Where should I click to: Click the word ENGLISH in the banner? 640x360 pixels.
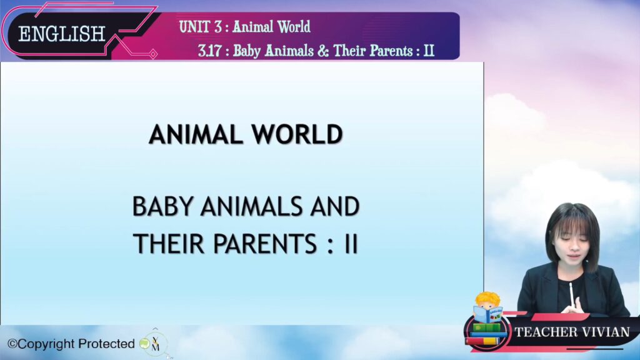(x=62, y=34)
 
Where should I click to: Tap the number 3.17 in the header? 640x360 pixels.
(x=210, y=51)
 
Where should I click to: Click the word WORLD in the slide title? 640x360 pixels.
(x=297, y=134)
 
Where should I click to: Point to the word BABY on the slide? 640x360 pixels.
(x=162, y=206)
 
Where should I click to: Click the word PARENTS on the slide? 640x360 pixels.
(x=265, y=244)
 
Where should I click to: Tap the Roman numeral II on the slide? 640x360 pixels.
(x=351, y=244)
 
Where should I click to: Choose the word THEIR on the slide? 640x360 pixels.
(x=169, y=244)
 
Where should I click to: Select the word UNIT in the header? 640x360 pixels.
(x=194, y=27)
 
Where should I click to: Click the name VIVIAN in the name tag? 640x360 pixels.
(x=606, y=332)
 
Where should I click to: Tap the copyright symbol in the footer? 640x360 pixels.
(x=12, y=344)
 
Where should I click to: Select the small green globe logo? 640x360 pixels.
(x=144, y=344)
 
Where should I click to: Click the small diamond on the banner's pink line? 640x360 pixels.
(x=153, y=54)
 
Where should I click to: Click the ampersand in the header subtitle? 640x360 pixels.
(x=323, y=51)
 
